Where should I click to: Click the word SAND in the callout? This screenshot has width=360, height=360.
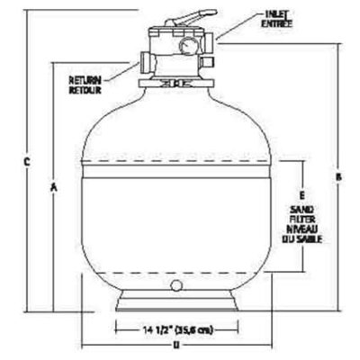pos(302,209)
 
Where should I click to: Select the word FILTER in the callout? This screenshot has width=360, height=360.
pos(302,220)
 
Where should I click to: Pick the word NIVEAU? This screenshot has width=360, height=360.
pos(302,230)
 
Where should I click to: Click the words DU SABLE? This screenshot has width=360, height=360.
pos(302,241)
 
